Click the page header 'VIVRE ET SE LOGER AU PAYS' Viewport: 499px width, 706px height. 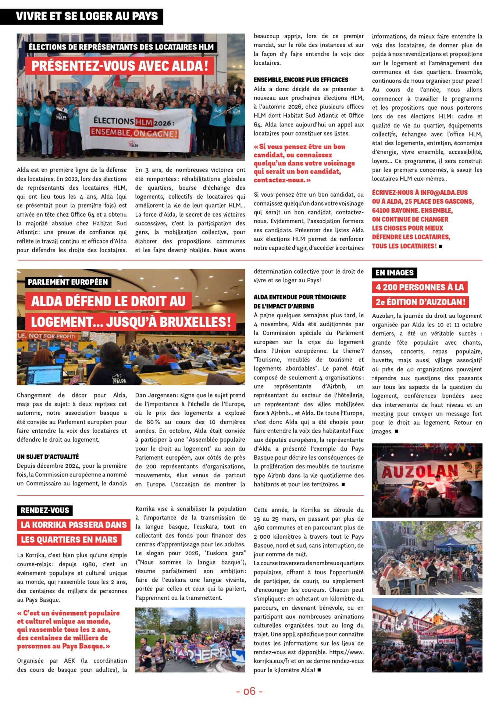87,17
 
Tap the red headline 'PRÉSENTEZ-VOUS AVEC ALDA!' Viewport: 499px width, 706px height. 120,66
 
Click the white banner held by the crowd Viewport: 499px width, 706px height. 135,128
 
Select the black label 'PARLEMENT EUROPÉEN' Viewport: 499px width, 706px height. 68,282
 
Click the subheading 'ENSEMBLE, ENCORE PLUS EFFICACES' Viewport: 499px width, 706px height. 301,80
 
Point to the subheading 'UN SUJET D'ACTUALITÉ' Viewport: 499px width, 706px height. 48,457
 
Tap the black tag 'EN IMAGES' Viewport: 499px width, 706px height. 394,273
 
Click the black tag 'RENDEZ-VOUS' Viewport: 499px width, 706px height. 45,510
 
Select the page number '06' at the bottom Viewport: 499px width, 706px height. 249,691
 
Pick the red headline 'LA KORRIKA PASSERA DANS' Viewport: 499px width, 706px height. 74,525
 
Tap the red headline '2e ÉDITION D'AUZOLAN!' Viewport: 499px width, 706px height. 420,302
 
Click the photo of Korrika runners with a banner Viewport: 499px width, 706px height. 190,640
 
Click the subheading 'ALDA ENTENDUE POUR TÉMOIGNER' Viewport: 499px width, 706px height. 300,297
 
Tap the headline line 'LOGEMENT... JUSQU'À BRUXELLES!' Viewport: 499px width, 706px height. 131,322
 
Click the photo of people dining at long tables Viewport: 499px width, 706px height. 427,558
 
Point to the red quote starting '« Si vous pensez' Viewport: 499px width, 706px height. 304,163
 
